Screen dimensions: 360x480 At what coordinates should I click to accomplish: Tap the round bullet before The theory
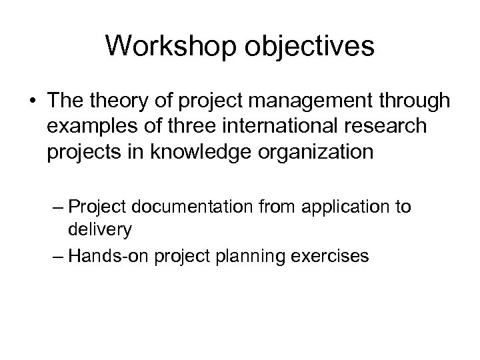(x=33, y=101)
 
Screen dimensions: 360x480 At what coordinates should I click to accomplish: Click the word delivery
(x=99, y=230)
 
